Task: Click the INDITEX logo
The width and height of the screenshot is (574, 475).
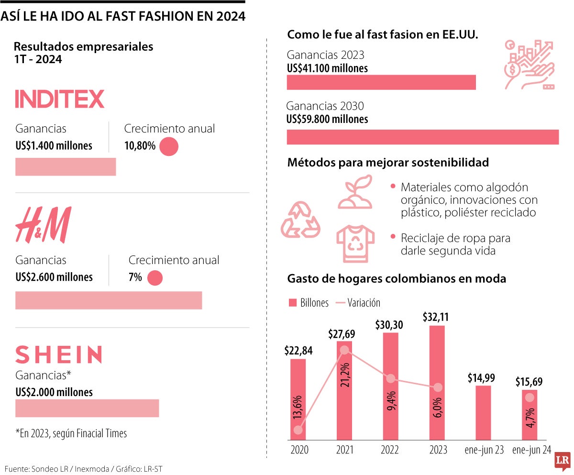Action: (x=60, y=99)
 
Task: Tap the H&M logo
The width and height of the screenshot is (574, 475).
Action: (x=43, y=225)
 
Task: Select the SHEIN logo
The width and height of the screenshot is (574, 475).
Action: (x=58, y=354)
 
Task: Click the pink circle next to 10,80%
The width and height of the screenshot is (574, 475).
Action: (x=168, y=146)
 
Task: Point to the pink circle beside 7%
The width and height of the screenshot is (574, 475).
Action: (x=155, y=278)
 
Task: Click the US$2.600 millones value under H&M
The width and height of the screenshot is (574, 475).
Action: (x=54, y=277)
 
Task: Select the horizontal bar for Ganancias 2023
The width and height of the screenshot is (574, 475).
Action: (x=381, y=82)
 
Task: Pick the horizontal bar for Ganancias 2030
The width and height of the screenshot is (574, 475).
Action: (x=422, y=137)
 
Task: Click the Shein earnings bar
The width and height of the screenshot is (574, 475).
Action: (x=87, y=409)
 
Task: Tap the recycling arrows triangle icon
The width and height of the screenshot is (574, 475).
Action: (x=300, y=220)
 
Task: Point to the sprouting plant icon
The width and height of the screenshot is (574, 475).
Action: (x=355, y=192)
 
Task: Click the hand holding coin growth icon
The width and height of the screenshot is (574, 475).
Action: (x=529, y=65)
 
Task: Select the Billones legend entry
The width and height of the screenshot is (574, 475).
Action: (x=309, y=303)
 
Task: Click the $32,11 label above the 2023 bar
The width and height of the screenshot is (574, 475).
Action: (x=436, y=317)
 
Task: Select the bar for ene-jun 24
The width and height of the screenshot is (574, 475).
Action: (x=529, y=415)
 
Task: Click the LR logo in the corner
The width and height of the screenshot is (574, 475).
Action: (x=562, y=460)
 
